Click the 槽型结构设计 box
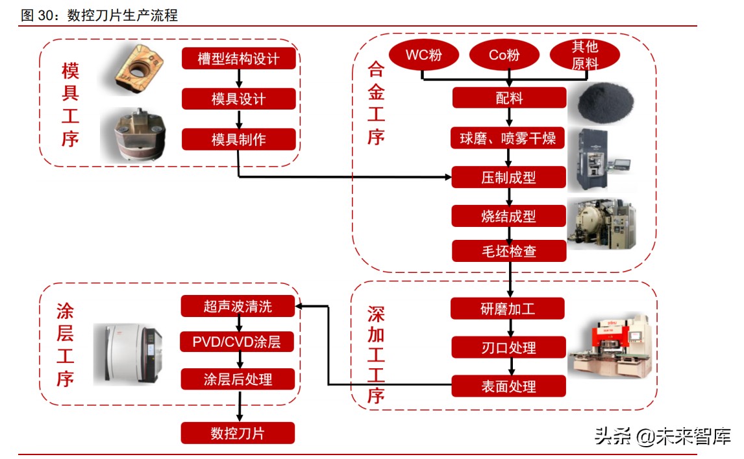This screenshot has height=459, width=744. tap(238, 59)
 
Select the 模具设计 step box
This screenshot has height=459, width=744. tap(238, 99)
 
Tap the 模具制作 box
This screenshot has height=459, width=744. tap(238, 139)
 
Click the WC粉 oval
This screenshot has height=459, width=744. tap(423, 55)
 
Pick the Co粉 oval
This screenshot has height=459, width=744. tap(504, 55)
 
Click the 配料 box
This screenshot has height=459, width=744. tap(508, 99)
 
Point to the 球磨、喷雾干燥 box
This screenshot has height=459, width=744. tap(508, 138)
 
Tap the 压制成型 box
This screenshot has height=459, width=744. tap(508, 177)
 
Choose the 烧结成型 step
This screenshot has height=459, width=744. tap(508, 216)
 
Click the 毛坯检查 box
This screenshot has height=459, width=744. tap(508, 251)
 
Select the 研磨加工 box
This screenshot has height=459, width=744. tap(508, 308)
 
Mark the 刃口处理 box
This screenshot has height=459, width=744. tap(508, 347)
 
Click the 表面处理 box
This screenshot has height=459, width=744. tap(508, 386)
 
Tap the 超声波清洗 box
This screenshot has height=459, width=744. tap(238, 307)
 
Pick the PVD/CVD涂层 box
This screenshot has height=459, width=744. tap(238, 341)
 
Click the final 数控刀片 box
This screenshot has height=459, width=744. tap(238, 433)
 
